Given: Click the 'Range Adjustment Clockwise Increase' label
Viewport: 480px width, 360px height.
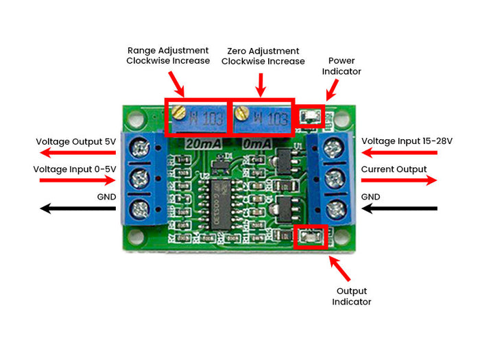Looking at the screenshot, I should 168,56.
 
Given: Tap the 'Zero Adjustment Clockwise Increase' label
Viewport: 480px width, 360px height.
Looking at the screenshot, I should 263,56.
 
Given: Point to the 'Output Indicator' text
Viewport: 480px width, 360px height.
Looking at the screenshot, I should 352,296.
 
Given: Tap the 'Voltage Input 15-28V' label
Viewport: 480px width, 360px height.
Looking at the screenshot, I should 407,141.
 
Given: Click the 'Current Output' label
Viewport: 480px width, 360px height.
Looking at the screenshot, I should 394,169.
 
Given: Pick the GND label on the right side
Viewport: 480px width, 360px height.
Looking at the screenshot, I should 371,196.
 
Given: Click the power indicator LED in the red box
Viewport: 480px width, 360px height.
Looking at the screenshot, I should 309,116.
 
